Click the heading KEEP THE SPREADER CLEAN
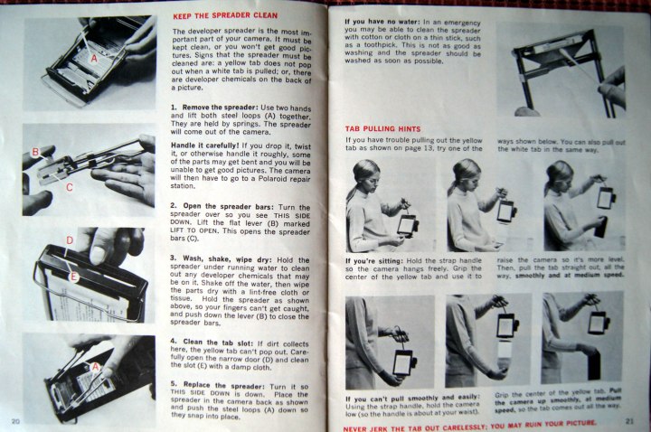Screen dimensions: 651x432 [225, 15]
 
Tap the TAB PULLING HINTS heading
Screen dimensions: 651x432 [382, 129]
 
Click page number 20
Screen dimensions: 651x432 [15, 422]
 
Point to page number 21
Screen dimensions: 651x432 [629, 421]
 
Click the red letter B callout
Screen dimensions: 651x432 [35, 152]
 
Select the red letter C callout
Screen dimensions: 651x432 [70, 187]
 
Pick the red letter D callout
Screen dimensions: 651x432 [70, 240]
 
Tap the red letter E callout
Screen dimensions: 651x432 [73, 277]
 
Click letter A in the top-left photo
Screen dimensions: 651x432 [94, 59]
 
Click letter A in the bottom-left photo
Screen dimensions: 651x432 [96, 367]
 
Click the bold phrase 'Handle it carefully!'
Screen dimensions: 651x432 [205, 146]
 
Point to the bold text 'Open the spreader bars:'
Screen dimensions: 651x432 [229, 206]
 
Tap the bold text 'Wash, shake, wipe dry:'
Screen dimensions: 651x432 [228, 259]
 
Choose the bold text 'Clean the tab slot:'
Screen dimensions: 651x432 [218, 343]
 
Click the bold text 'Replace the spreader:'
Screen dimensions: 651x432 [224, 385]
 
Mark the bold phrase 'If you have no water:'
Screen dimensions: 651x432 [382, 22]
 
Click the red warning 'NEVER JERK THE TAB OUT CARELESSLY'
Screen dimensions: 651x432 [414, 427]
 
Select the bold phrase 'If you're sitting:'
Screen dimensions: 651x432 [374, 261]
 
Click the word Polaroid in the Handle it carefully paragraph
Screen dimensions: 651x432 [274, 178]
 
